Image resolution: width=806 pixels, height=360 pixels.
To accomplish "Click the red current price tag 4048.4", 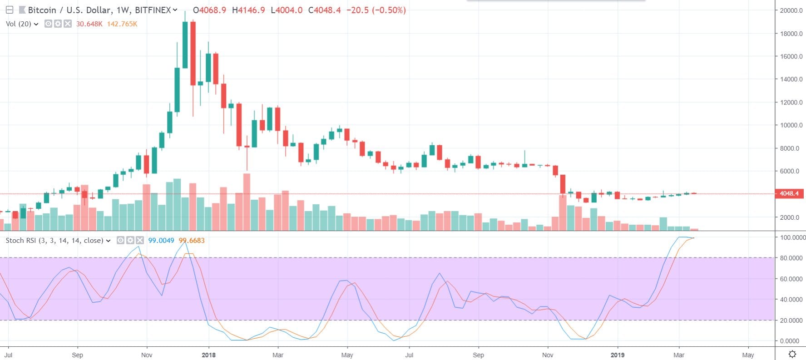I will pos(789,193).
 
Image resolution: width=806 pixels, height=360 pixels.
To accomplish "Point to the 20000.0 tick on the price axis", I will pos(791,10).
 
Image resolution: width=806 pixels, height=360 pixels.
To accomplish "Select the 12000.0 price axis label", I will pos(791,102).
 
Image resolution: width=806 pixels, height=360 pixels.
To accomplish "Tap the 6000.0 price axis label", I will pos(791,171).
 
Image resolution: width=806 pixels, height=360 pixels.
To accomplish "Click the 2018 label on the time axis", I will pos(208,355).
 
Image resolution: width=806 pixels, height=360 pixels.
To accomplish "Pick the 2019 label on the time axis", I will pos(617,355).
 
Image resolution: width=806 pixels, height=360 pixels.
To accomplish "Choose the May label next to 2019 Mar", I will pos(748,355).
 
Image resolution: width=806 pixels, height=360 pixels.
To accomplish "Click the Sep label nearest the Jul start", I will pos(78,355).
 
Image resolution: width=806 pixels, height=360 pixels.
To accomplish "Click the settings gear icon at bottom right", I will pos(792,354).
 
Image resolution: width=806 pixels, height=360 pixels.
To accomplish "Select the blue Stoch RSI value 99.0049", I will pos(161,240).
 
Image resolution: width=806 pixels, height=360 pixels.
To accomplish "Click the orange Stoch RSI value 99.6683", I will pos(192,240).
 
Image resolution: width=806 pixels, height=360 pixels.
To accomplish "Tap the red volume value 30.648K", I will pos(89,24).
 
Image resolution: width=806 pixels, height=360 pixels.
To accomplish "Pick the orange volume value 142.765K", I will pos(122,24).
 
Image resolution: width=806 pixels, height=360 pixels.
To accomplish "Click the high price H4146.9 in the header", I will pos(248,10).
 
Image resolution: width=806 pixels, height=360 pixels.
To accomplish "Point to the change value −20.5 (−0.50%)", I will pos(376,10).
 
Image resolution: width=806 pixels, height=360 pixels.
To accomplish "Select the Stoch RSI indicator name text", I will pos(54,240).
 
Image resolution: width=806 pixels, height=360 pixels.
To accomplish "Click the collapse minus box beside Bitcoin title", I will pos(9,10).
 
